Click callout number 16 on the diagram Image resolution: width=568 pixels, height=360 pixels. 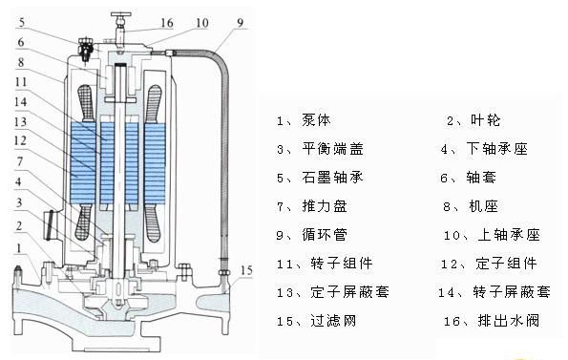pos(167,23)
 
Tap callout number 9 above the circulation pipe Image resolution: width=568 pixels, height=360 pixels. pos(241,23)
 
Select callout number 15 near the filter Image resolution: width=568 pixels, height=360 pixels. pos(246,270)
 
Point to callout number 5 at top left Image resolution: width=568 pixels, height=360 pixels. pos(22,23)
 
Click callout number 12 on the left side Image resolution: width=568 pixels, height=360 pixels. pos(20,140)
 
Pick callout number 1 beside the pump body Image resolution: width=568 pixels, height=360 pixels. pos(19,248)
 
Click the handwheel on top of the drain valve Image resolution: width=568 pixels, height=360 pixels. pos(121,15)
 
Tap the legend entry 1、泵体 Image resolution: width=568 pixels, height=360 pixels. pos(304,120)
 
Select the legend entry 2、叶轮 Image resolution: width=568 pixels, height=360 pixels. pos(473,120)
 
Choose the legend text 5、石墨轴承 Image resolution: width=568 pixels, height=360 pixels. pos(320,178)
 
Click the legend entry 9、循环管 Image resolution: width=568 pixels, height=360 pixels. pos(311,235)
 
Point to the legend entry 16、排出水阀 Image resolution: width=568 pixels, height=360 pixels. pos(492,321)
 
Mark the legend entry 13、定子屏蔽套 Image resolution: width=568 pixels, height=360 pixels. pos(333,292)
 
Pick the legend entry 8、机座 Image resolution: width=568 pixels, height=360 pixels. pos(471,206)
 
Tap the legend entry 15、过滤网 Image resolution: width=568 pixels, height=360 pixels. pos(316,321)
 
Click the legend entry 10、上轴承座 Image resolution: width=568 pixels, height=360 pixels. pos(492,235)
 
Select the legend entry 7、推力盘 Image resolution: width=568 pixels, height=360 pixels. pos(311,206)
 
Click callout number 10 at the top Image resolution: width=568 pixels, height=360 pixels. pos(202,23)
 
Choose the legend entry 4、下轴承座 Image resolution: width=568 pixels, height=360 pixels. pos(484,149)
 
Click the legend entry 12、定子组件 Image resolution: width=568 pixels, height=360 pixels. pos(489,264)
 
